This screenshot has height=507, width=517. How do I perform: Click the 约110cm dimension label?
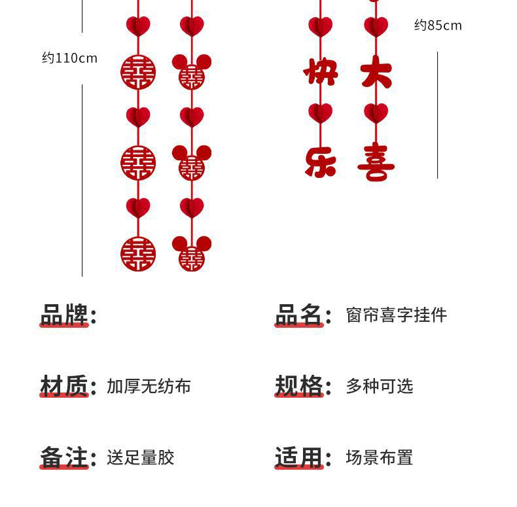tap(69, 58)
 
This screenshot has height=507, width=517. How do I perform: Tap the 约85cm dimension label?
tap(438, 26)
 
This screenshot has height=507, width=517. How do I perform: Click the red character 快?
tap(321, 71)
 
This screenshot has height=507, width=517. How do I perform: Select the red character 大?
tap(376, 71)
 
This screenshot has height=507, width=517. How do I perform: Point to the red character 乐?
tap(321, 162)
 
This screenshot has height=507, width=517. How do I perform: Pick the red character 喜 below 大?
tap(376, 162)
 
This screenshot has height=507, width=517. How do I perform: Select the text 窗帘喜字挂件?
tap(396, 315)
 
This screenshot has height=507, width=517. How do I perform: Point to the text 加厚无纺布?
tap(149, 387)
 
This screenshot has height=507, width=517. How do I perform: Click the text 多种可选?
tap(380, 387)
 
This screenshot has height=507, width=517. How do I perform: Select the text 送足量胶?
tap(140, 458)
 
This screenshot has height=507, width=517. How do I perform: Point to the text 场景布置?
tap(380, 458)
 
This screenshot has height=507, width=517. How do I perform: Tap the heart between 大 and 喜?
tap(376, 112)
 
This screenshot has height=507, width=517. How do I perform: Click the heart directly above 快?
tap(321, 26)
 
